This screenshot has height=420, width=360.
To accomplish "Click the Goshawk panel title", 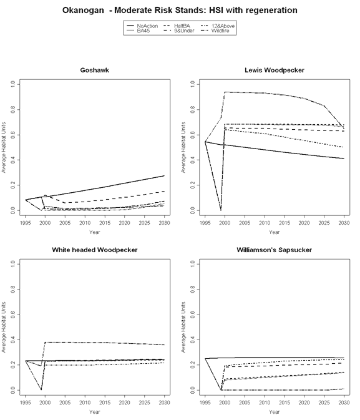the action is click(x=95, y=70).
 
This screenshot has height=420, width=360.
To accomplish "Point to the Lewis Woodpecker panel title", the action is click(x=275, y=70).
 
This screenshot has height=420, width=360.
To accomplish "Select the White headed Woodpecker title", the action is click(x=95, y=250).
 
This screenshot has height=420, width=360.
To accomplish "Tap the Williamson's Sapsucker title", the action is click(x=275, y=250).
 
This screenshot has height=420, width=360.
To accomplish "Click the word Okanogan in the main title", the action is click(x=83, y=10).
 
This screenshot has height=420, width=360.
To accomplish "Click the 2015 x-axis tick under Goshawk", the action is click(x=105, y=223).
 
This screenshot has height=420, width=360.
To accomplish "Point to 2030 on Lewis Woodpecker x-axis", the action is click(x=344, y=223).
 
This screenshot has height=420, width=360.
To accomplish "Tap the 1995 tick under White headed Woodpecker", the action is click(x=26, y=403).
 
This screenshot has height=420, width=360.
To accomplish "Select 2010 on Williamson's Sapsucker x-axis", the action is click(x=265, y=403).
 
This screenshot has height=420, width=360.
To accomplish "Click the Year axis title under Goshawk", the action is click(x=95, y=232).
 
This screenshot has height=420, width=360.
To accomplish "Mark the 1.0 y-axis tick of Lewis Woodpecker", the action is click(x=192, y=85).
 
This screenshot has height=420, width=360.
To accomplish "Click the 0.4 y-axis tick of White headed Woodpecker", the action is click(x=12, y=340).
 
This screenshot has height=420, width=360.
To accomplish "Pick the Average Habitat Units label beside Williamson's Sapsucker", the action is click(x=183, y=327).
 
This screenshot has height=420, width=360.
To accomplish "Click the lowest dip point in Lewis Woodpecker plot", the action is click(x=221, y=210).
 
